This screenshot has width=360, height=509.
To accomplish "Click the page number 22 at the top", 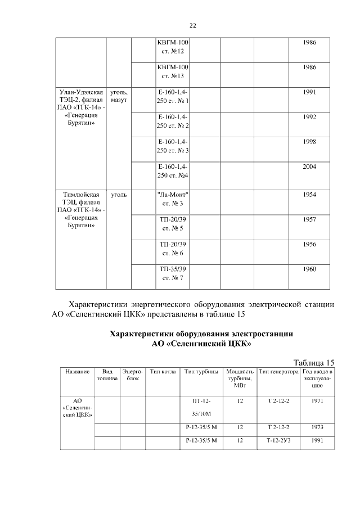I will pos(192,26).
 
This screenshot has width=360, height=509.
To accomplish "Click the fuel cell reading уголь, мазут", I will pos(119,96).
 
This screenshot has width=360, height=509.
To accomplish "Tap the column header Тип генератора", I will pos(278,372).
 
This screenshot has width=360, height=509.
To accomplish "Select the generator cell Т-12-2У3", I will pos(278,440).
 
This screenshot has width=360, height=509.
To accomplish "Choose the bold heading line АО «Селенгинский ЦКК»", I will pos(201,343).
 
